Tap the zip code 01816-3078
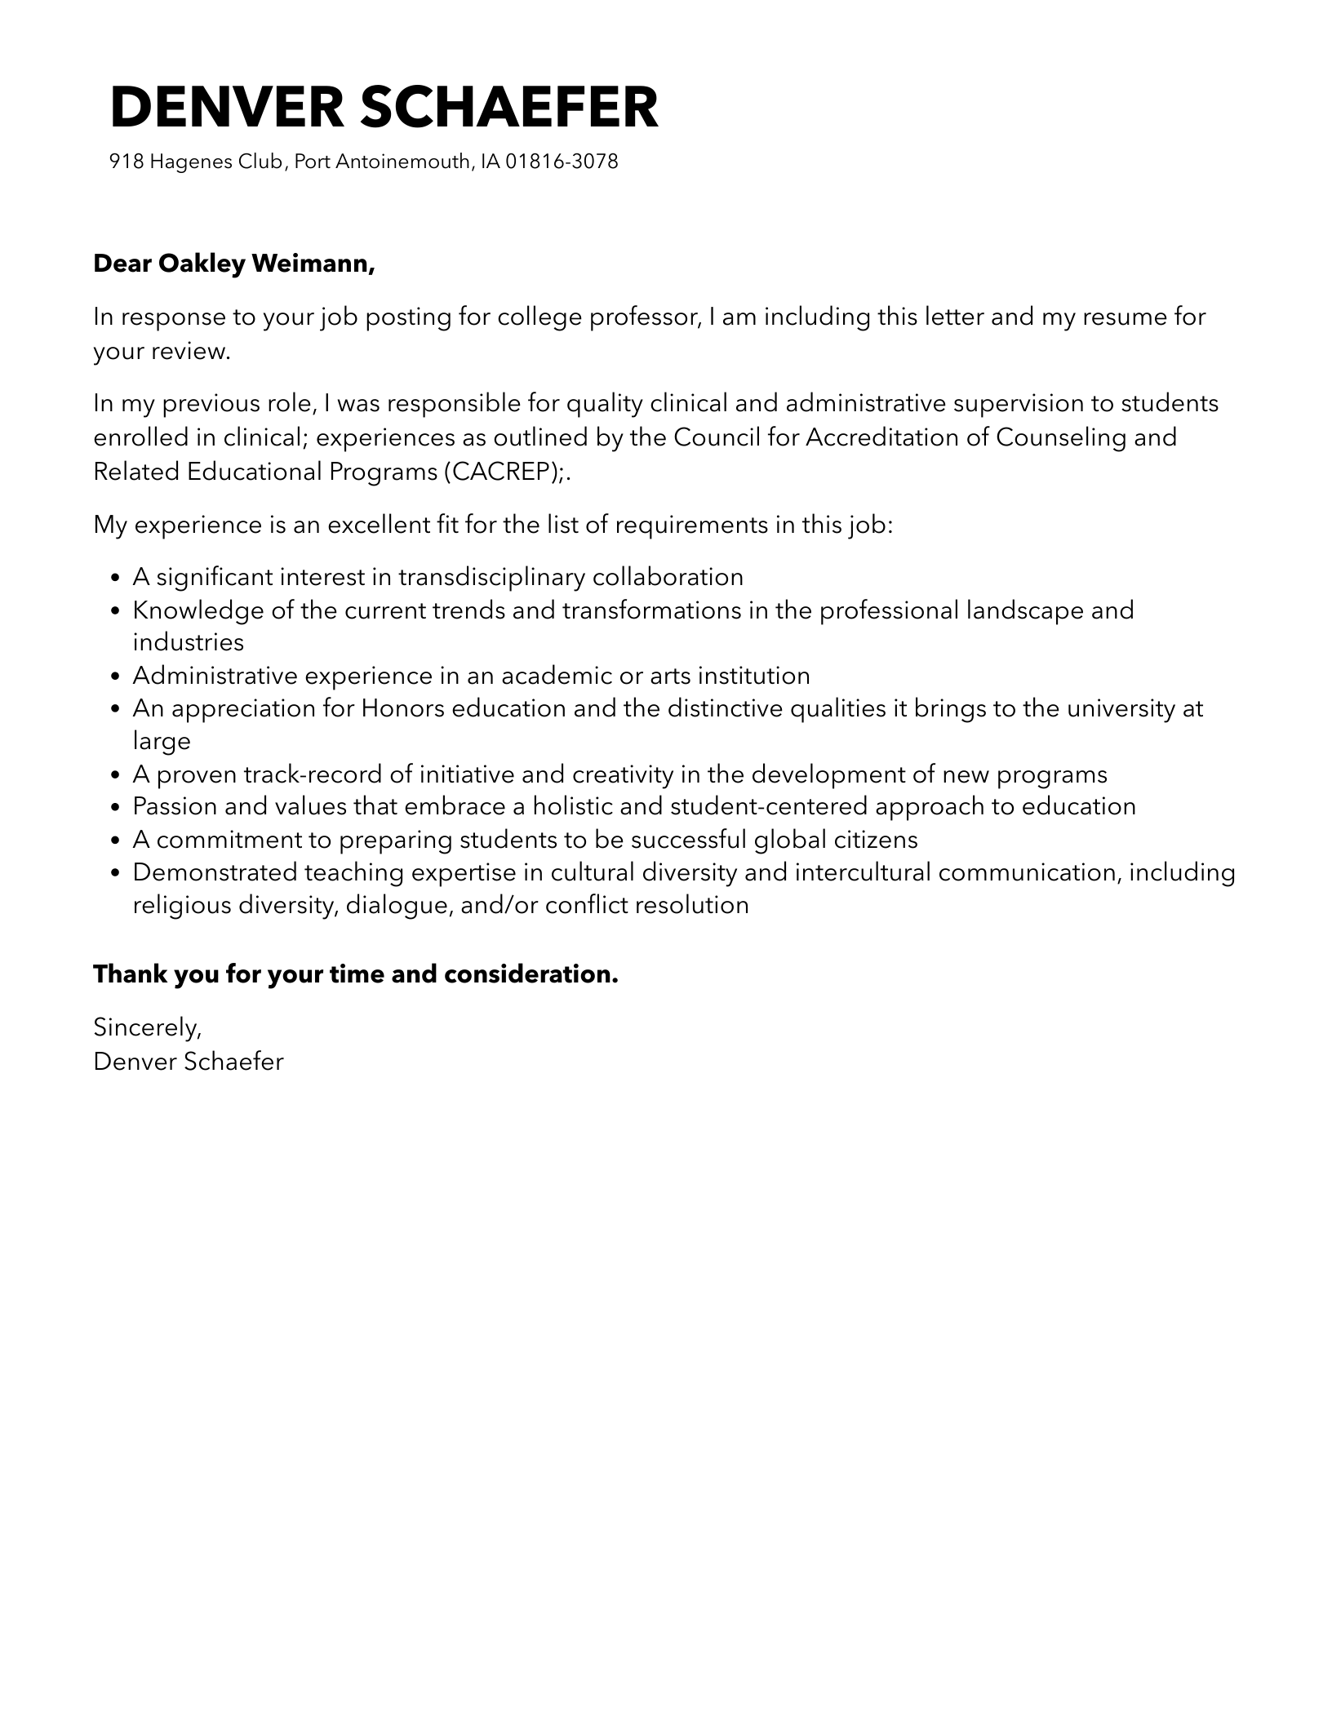[562, 162]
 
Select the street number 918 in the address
[127, 162]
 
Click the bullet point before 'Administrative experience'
[115, 676]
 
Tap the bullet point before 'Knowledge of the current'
[115, 610]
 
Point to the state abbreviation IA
[490, 162]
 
